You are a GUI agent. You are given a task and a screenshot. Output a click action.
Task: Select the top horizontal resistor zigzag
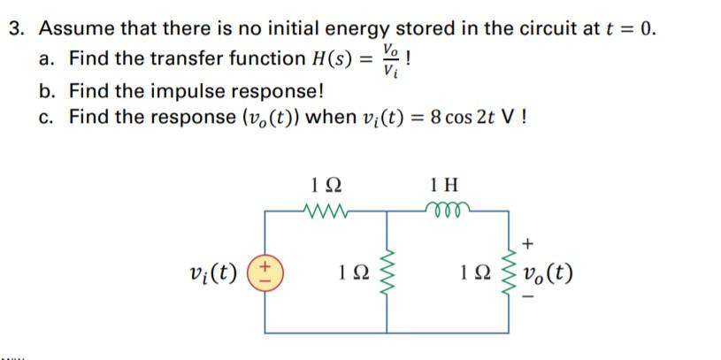pos(327,211)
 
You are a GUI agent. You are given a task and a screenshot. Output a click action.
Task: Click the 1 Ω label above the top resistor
pos(326,187)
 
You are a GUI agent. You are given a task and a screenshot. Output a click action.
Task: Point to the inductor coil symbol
pos(447,211)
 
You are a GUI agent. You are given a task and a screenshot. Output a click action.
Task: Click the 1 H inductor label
pos(445,187)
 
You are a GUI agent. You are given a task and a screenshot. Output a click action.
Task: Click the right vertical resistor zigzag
pos(508,269)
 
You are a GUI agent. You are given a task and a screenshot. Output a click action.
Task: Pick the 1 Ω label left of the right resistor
pos(468,271)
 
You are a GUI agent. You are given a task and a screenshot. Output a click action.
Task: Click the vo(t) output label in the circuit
pos(549,271)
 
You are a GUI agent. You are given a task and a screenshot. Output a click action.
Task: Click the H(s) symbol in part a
pos(328,59)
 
